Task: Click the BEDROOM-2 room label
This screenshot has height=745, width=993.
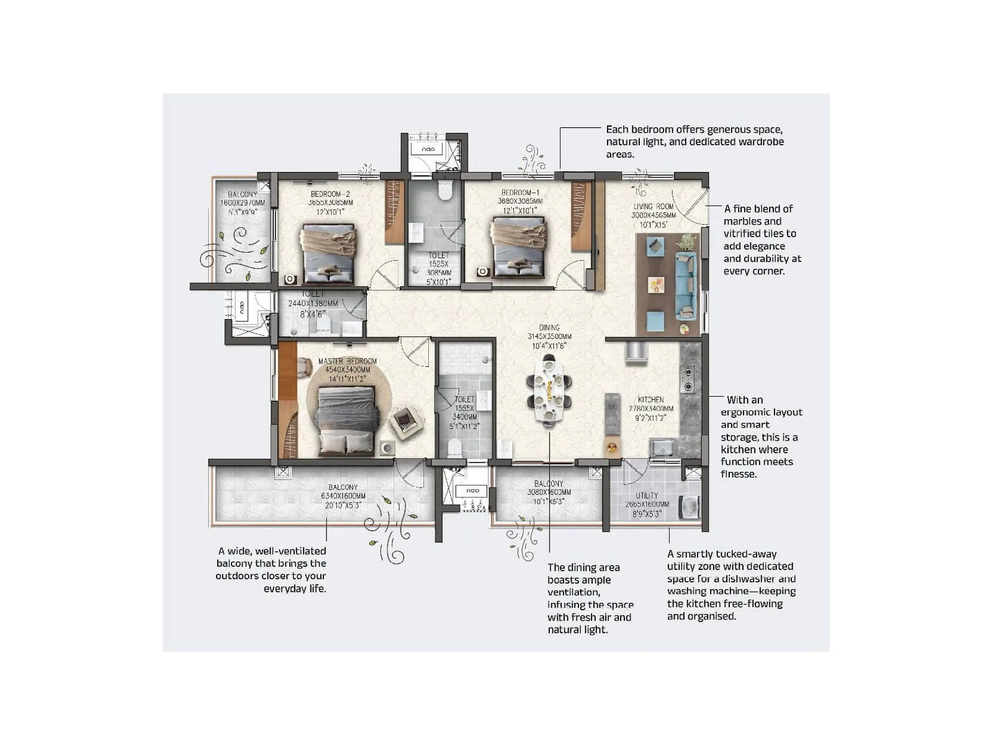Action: pyautogui.click(x=330, y=194)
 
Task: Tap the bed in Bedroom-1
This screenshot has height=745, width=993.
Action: pyautogui.click(x=519, y=247)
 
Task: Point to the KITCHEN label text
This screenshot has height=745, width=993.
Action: pyautogui.click(x=650, y=400)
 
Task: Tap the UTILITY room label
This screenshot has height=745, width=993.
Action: pyautogui.click(x=647, y=495)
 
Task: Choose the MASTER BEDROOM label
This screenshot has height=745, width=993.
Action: pyautogui.click(x=347, y=361)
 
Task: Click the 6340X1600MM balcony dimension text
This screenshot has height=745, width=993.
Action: pyautogui.click(x=343, y=496)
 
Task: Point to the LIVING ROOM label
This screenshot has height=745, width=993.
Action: pyautogui.click(x=653, y=207)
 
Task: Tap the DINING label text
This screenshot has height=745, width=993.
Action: pyautogui.click(x=549, y=328)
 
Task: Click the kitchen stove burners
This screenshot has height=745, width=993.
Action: pyautogui.click(x=688, y=380)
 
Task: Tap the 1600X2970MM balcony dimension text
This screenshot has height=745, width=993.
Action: pyautogui.click(x=242, y=203)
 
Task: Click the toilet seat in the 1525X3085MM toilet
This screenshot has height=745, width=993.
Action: pyautogui.click(x=444, y=190)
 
